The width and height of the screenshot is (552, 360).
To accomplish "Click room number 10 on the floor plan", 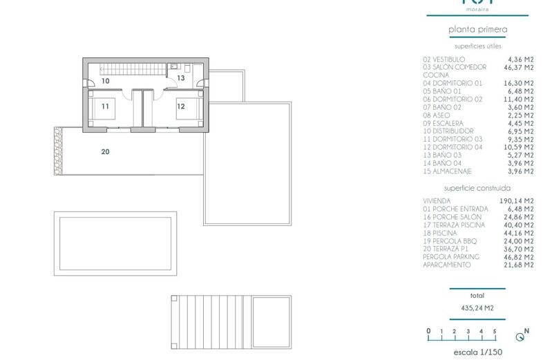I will pos(106,81).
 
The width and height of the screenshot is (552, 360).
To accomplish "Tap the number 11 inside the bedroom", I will pos(106,106).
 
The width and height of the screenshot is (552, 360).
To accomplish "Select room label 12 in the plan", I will pos(181,106).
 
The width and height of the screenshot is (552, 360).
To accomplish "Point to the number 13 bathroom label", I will pos(181,79).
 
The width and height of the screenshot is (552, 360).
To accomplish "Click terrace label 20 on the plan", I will pos(106,151).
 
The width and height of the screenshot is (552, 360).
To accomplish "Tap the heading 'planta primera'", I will pos(478,30).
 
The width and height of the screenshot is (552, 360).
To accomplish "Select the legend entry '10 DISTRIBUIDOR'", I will pos(448,131).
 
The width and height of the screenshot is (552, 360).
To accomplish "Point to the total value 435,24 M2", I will pos(478,308).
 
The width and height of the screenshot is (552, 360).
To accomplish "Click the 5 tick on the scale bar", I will pos(495,332).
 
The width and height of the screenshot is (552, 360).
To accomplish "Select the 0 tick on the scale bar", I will pos(428,332).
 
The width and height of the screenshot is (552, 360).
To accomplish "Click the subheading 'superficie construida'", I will pos(477,188).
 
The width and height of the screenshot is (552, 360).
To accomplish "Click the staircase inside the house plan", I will pos(131,68).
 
